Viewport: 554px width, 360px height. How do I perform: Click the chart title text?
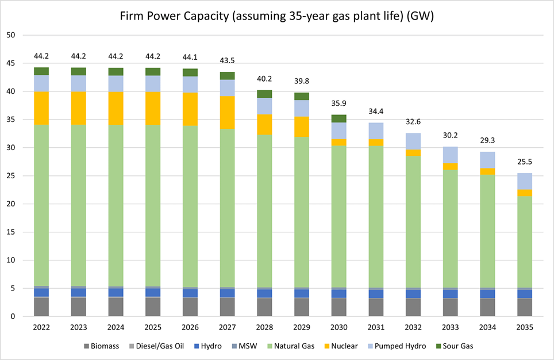point(276,16)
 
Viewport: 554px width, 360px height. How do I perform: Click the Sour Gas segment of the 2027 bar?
point(228,75)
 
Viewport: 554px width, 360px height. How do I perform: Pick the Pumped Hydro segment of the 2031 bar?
point(376,131)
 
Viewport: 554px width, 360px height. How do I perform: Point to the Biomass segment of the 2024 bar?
point(116,307)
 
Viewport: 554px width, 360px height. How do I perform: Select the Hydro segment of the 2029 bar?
point(302,293)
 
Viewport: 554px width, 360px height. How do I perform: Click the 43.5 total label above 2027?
point(228,61)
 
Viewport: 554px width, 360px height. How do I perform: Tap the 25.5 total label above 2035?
point(524,163)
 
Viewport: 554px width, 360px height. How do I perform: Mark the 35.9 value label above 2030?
point(339,104)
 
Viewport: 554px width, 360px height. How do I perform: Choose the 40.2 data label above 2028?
point(265,79)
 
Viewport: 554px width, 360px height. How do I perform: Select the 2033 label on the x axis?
point(450,327)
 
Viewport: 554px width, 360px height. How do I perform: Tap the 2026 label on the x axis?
point(190,327)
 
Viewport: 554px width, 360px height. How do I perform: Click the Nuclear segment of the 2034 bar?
point(487,171)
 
